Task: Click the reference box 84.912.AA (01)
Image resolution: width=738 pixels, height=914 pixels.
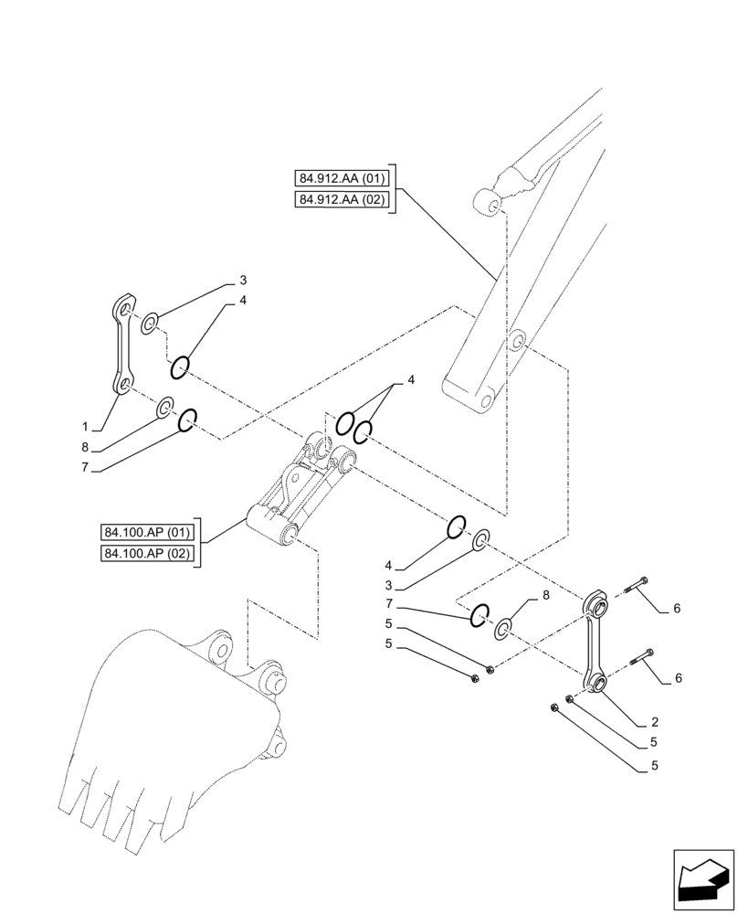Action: coord(342,178)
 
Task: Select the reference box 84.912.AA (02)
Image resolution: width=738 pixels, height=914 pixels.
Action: coord(342,200)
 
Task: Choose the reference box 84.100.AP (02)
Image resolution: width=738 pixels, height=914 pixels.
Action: coord(147,554)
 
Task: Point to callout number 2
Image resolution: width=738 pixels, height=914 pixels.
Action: coord(655,722)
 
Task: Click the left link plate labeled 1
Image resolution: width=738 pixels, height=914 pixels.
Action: coord(122,347)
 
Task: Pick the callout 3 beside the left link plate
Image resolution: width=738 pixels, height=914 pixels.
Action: coord(243,280)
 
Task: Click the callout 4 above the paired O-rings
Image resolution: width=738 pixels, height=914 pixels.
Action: coord(411,379)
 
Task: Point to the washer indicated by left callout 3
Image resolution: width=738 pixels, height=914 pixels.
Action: coord(152,321)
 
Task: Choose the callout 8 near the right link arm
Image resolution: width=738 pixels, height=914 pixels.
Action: coord(546,595)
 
